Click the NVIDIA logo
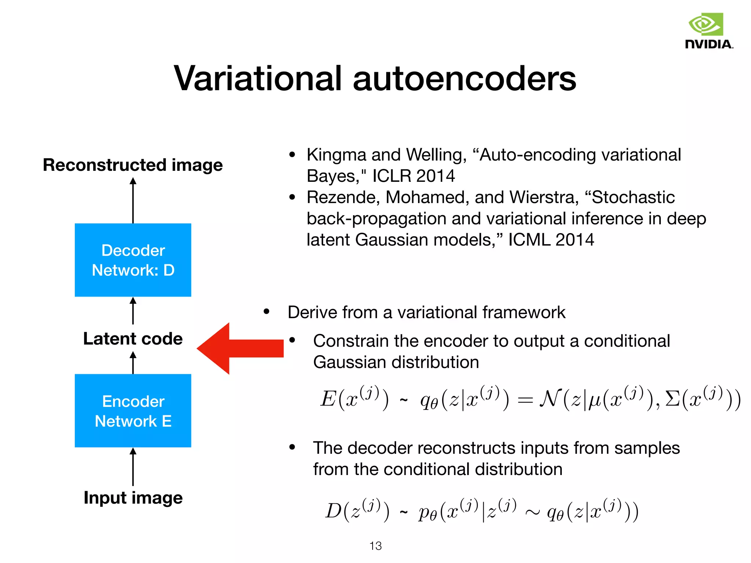(x=708, y=31)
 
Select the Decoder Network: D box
(x=133, y=260)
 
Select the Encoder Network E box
(x=133, y=411)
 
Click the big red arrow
(x=238, y=348)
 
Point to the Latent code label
(x=133, y=339)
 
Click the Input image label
(x=133, y=498)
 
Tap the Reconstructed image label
(x=133, y=165)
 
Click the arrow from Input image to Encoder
(x=133, y=466)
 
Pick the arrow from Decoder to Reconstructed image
(x=133, y=200)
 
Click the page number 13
(x=375, y=546)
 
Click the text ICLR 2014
(x=413, y=176)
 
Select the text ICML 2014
(x=551, y=240)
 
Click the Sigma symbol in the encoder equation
(x=672, y=398)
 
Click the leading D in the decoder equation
(x=334, y=511)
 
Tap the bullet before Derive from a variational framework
(x=267, y=312)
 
